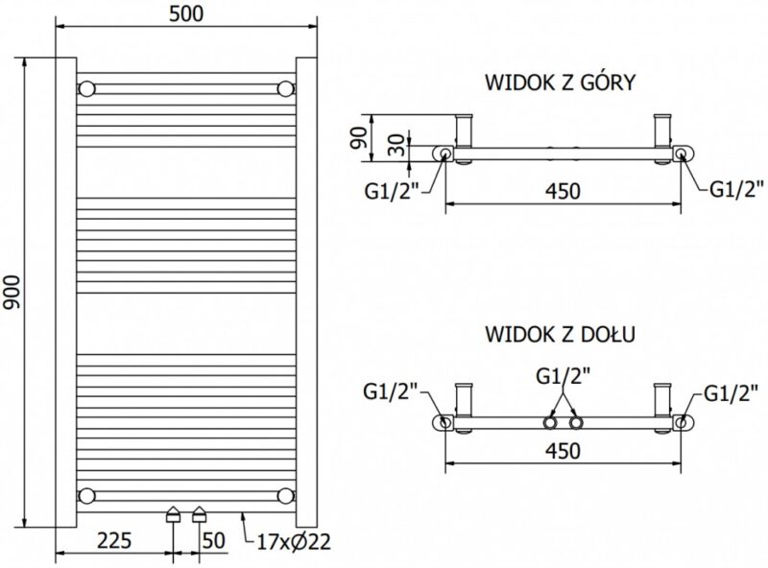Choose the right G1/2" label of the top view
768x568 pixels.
[736, 188]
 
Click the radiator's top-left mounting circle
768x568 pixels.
[87, 88]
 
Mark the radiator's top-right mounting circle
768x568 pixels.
[284, 88]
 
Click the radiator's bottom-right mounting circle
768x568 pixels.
[284, 495]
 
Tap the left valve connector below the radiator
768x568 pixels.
[174, 514]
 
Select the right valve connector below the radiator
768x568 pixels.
[199, 514]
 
